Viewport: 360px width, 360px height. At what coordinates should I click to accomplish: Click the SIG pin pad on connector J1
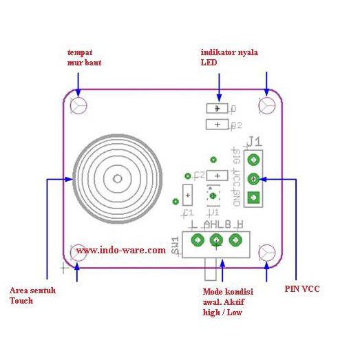[254, 160]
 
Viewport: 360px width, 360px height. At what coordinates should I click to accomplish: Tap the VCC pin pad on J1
[254, 179]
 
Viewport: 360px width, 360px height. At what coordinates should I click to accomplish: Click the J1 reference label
[255, 141]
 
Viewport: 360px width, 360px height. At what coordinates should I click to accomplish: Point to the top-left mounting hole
[78, 107]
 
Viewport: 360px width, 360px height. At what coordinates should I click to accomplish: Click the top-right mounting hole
[268, 105]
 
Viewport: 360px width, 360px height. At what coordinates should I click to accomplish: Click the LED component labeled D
[218, 108]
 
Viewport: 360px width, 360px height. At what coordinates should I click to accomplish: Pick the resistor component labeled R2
[218, 124]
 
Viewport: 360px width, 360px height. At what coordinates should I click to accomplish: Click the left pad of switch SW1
[198, 240]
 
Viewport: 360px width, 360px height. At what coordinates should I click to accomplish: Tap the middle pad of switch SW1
[216, 240]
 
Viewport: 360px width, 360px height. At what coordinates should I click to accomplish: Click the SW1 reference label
[176, 246]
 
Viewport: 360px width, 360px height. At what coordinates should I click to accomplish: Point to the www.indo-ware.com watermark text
[120, 251]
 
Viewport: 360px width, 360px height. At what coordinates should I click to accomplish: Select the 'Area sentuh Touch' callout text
[32, 295]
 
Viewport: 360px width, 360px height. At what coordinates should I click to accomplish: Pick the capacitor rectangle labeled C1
[188, 195]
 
